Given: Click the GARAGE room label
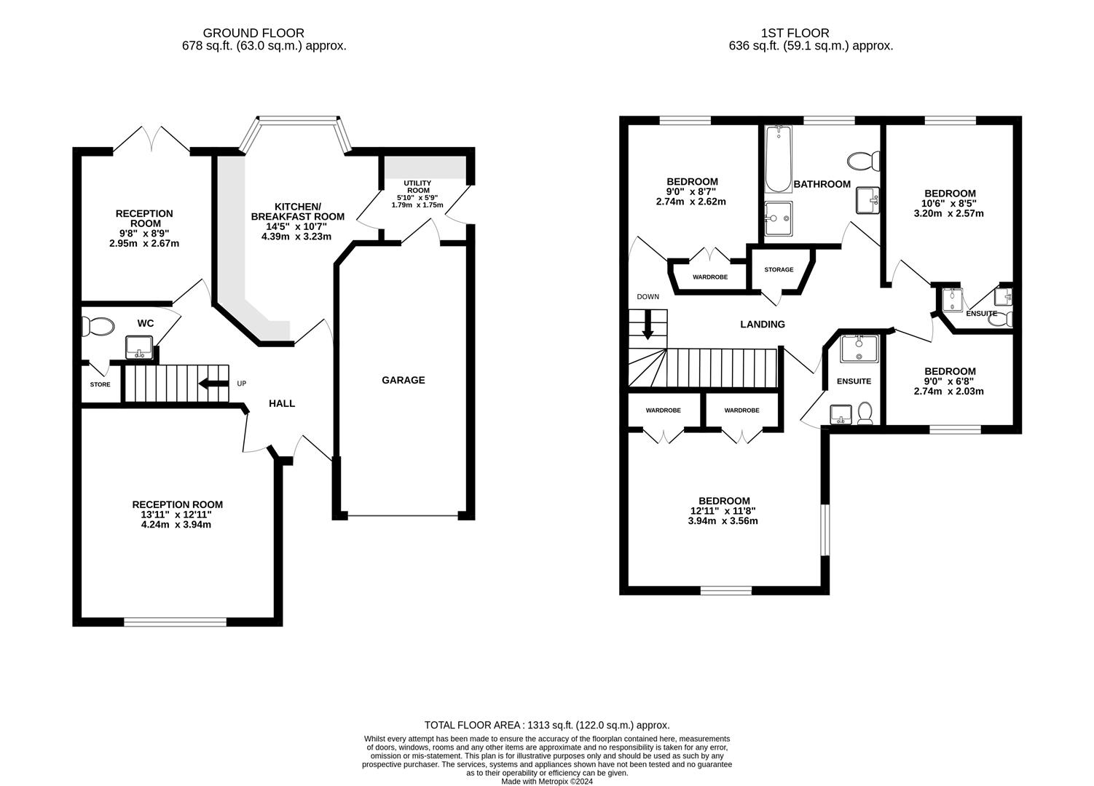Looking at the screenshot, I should coord(403,380).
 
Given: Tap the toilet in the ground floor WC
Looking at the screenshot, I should coord(98,327).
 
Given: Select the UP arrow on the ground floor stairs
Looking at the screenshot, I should coord(213,384).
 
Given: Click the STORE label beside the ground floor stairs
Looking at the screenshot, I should coord(100,384).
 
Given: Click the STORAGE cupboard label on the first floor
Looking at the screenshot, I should coord(779,270).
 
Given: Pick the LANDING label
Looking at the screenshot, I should coord(763,325).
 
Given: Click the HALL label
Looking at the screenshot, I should coord(282,403).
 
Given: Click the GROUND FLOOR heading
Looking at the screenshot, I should coord(253,33).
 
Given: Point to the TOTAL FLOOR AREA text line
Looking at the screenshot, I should coord(547,725).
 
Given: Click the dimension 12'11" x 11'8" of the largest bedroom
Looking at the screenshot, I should coord(724,511).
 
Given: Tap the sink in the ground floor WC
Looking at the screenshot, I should coord(139,346).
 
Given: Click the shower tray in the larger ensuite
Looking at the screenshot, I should coord(859,349).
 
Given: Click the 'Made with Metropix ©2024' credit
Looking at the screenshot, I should coord(547,782).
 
